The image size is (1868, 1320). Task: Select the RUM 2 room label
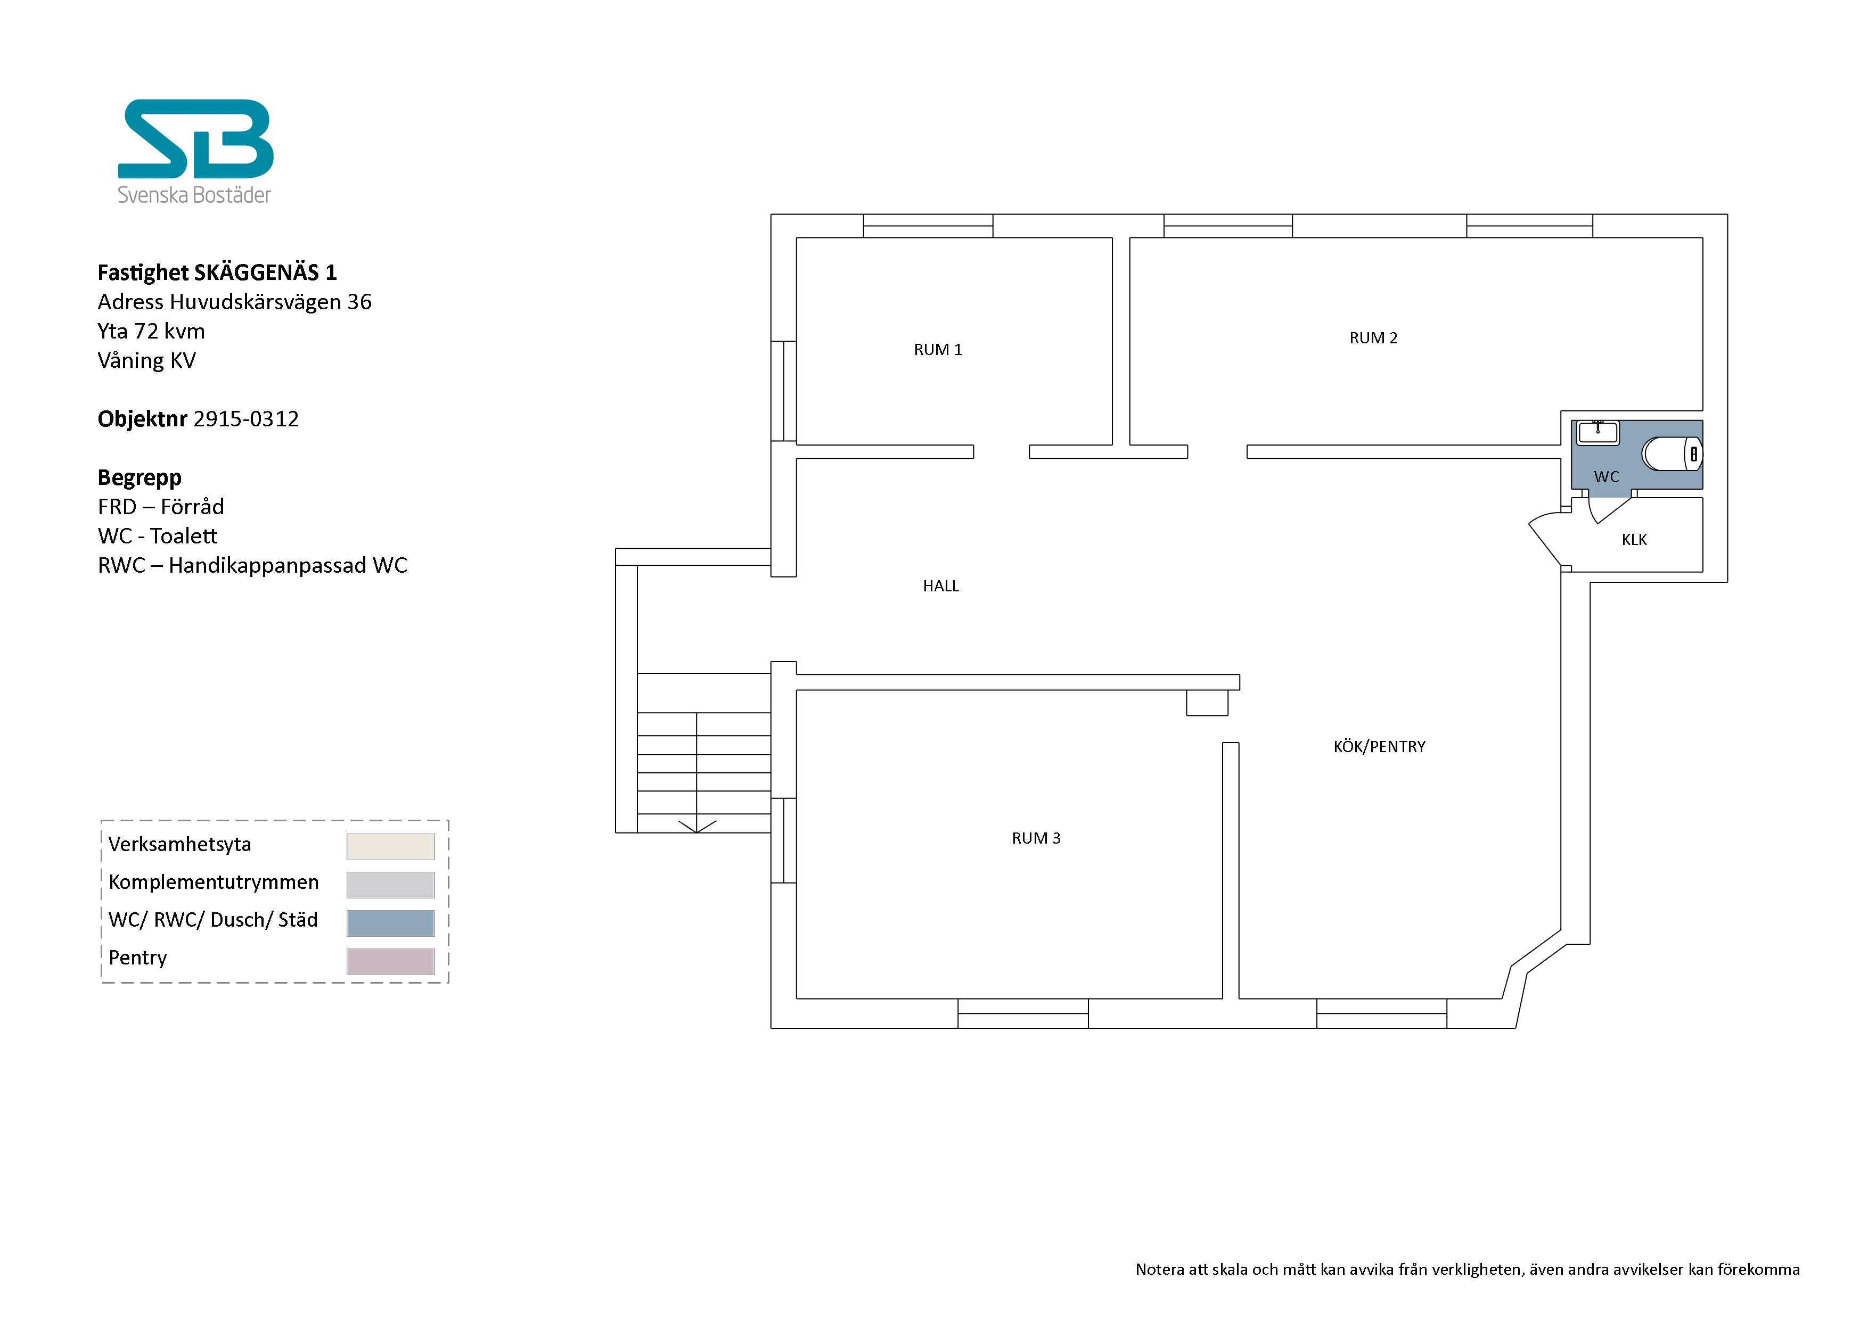pyautogui.click(x=1373, y=337)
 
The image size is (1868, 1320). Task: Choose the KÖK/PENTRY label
pyautogui.click(x=1379, y=747)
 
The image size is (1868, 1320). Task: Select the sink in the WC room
pyautogui.click(x=1598, y=433)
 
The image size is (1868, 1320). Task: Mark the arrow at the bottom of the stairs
pyautogui.click(x=697, y=826)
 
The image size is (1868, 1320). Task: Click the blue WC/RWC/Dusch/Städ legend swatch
pyautogui.click(x=390, y=923)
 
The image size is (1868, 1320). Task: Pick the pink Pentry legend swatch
pyautogui.click(x=390, y=961)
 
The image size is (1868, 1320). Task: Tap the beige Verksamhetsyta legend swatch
pyautogui.click(x=390, y=847)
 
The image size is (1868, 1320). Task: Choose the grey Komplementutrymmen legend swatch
pyautogui.click(x=390, y=885)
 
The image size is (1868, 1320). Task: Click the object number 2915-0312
pyautogui.click(x=245, y=419)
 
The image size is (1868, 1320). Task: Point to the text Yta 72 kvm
pyautogui.click(x=151, y=331)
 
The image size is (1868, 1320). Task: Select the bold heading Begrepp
pyautogui.click(x=139, y=477)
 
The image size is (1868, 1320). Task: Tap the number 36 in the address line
pyautogui.click(x=359, y=302)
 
